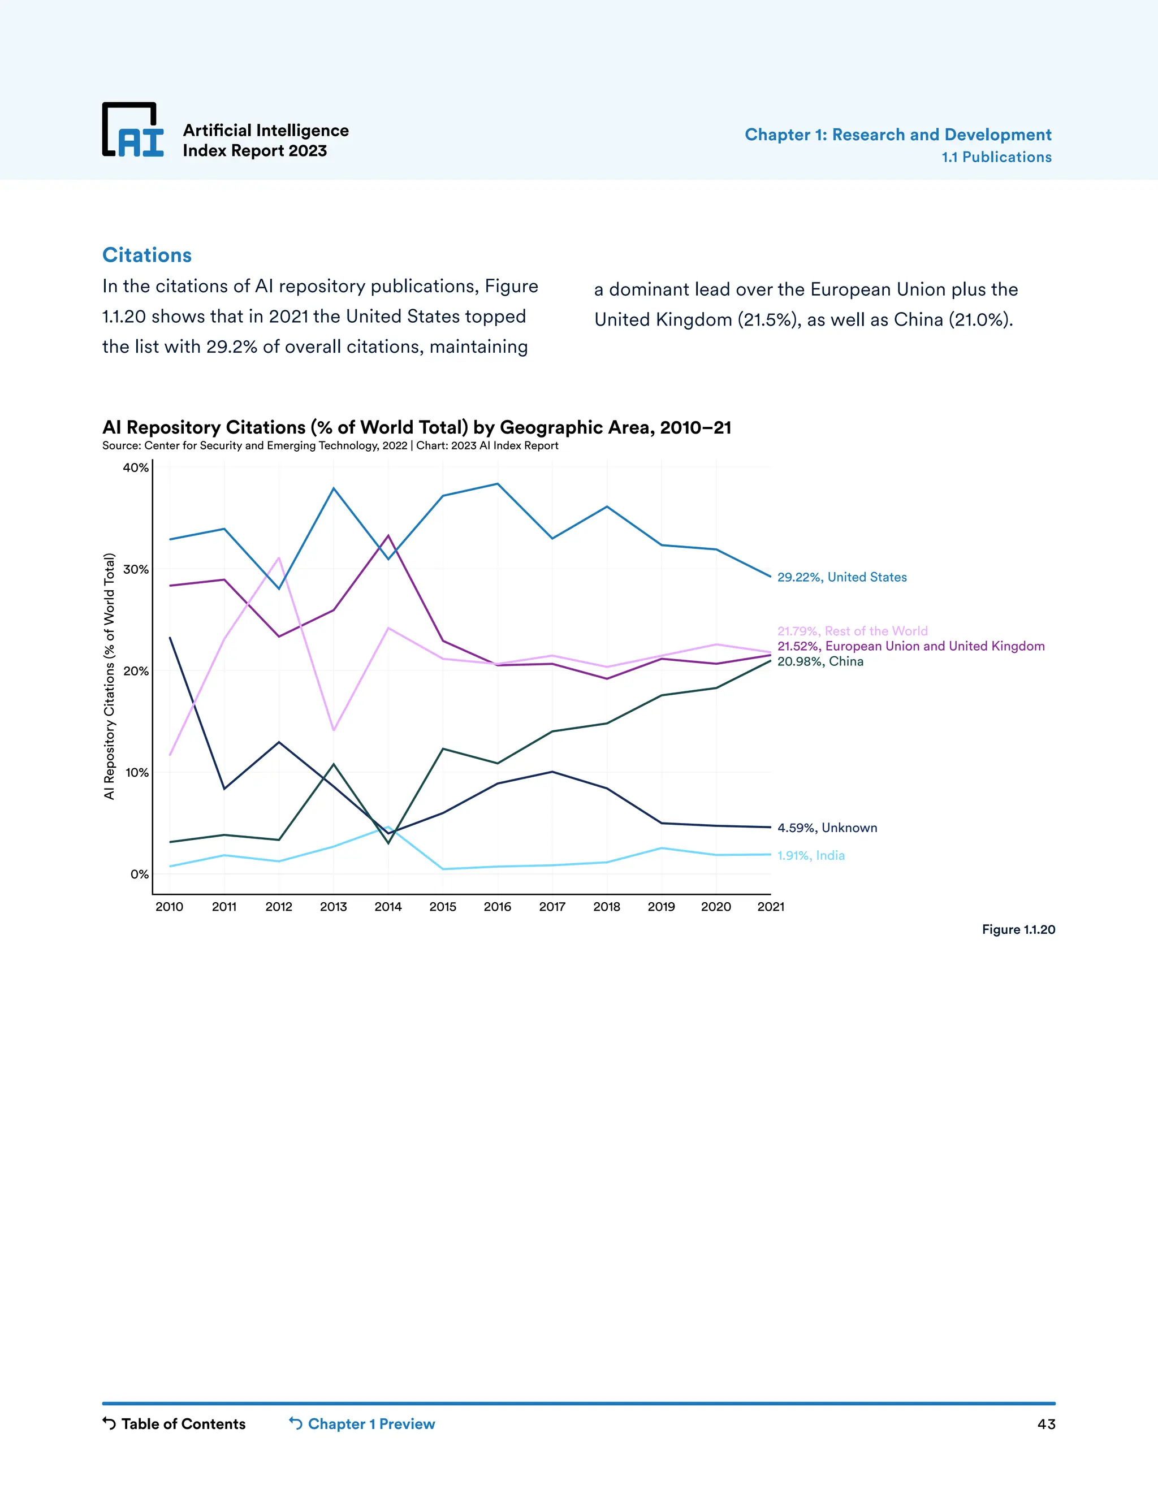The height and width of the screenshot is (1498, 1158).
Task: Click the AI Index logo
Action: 133,131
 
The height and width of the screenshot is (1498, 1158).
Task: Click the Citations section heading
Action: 147,255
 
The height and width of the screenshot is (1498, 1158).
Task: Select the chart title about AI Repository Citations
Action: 416,427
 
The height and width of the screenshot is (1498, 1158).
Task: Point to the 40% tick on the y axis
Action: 135,468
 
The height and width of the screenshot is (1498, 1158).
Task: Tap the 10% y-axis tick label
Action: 136,772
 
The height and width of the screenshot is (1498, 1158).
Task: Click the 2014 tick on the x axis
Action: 388,907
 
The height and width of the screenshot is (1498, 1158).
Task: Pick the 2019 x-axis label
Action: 662,907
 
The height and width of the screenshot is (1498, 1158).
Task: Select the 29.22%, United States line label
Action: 842,578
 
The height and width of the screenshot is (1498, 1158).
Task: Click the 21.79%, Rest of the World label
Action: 852,631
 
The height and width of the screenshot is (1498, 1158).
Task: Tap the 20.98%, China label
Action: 820,662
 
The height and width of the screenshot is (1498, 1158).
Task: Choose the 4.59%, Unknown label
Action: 827,828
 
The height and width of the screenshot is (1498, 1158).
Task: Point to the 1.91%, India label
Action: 811,856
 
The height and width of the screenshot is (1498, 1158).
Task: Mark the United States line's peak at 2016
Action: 498,484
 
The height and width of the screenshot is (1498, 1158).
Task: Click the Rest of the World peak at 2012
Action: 279,558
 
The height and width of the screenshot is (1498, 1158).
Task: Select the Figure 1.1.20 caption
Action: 1018,930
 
